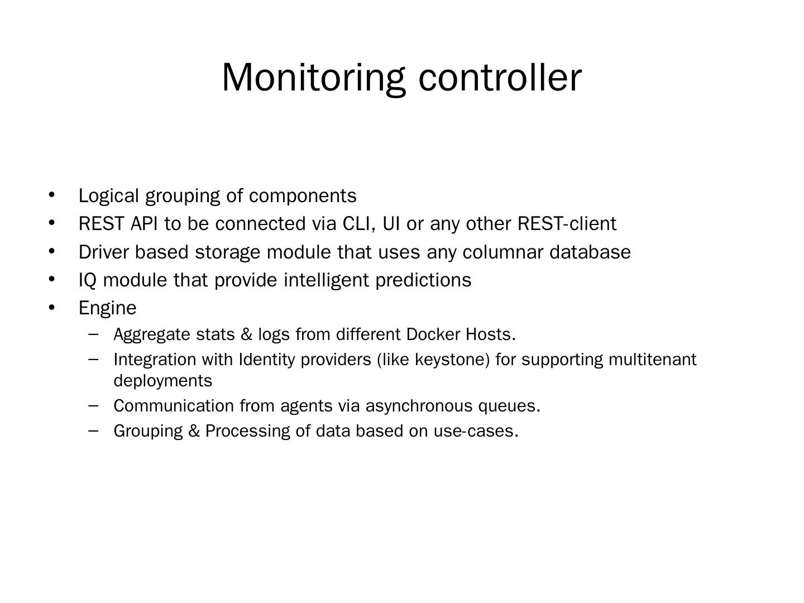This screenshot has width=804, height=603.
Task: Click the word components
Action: (303, 196)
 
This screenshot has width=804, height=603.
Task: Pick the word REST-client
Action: (567, 223)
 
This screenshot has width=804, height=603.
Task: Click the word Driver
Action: (103, 252)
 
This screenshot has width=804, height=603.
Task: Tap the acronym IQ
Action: (88, 280)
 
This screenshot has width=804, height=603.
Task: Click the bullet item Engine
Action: (107, 308)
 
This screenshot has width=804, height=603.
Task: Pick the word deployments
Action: (162, 381)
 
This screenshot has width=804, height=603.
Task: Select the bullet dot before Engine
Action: (52, 307)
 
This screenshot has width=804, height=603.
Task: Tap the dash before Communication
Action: (94, 405)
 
